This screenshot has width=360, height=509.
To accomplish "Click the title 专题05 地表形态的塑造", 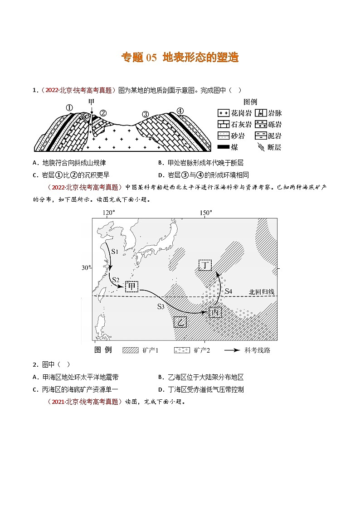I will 180,58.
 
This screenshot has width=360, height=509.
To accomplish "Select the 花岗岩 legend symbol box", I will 224,113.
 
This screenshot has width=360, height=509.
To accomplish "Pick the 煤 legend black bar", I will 224,147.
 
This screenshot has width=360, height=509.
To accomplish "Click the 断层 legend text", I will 275,147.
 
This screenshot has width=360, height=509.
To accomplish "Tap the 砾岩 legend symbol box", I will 260,124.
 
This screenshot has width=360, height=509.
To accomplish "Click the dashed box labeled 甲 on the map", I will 131,286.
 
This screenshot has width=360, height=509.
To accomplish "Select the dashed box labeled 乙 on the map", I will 180,322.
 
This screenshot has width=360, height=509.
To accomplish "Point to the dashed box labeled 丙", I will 215,312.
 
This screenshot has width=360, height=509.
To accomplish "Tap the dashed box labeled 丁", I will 205,265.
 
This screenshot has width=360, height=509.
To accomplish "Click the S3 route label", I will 161,306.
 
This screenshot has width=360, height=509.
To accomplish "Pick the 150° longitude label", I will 205,213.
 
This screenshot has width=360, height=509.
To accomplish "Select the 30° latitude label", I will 86,268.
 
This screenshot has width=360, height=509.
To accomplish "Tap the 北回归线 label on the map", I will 262,292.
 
